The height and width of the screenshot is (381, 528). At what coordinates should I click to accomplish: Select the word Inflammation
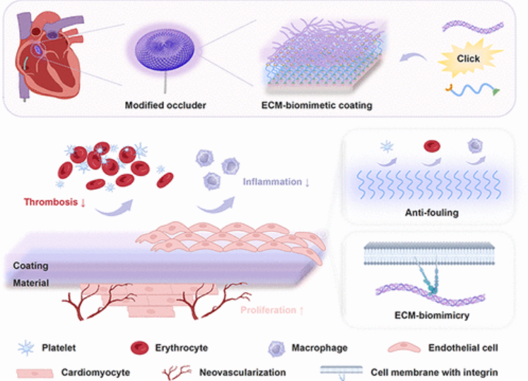[x=273, y=182]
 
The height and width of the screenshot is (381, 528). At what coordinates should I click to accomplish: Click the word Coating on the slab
[x=30, y=266]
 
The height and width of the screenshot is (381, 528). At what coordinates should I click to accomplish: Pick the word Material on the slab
[x=30, y=283]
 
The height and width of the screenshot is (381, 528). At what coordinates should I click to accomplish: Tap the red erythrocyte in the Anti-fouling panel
[x=430, y=147]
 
